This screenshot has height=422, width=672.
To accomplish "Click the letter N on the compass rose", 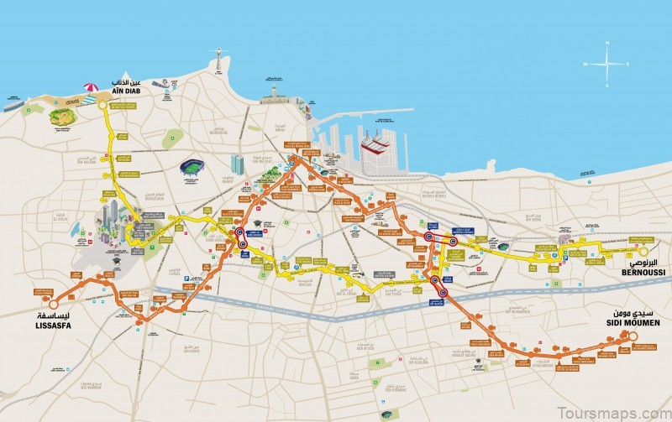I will pyautogui.click(x=607, y=44).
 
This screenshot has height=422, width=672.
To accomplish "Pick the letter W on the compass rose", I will pyautogui.click(x=585, y=64).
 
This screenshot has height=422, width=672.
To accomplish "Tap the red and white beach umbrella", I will pyautogui.click(x=91, y=87).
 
